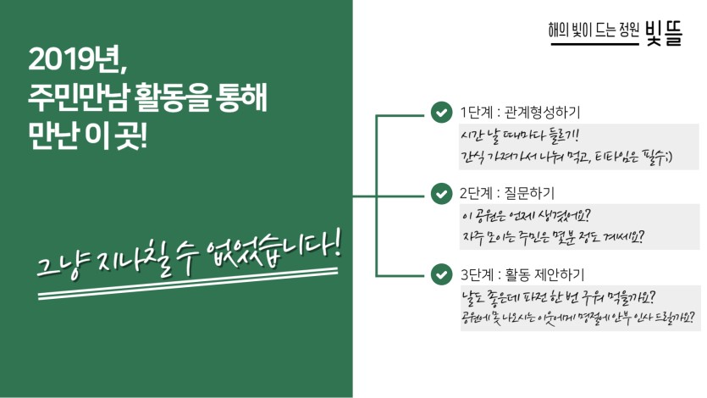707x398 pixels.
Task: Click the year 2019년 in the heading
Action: [x=77, y=61]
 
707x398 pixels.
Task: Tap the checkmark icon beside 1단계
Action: [x=441, y=113]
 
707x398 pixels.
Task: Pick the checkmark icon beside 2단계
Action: [x=441, y=193]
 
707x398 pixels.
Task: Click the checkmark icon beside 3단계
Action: [x=441, y=274]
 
